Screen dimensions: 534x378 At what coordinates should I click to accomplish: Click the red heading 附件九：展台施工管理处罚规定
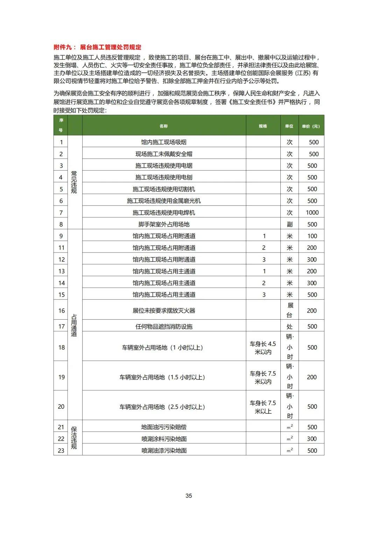tap(98, 47)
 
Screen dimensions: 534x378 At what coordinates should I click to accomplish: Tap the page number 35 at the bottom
tap(189, 496)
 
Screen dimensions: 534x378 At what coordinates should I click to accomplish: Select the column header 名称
tap(163, 126)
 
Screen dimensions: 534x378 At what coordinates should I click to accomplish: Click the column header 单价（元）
tap(311, 126)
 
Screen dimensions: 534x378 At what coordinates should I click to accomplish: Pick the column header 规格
tap(263, 126)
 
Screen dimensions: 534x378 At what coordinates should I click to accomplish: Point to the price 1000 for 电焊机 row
tap(312, 213)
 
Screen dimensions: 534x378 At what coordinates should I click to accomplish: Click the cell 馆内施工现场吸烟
tap(163, 142)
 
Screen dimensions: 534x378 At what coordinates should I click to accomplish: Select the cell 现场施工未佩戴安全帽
tap(163, 154)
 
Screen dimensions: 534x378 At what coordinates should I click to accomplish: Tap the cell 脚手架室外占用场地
tap(163, 224)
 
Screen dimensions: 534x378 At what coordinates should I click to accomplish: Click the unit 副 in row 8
tap(289, 224)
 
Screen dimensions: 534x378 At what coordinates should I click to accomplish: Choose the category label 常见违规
tap(74, 182)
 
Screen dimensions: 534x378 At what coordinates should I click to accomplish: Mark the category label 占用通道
tap(74, 325)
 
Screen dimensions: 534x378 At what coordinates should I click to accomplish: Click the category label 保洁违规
tap(74, 438)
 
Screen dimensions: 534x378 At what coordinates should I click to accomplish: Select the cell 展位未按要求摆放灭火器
tap(163, 311)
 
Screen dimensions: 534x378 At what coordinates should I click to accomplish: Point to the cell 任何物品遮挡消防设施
tap(163, 327)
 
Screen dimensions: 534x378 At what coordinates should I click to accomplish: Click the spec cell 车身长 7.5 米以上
tap(263, 407)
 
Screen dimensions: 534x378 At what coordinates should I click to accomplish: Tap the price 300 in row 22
tap(311, 439)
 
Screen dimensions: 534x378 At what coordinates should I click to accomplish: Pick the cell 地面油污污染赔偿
tap(163, 427)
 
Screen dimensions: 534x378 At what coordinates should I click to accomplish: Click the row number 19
tap(61, 377)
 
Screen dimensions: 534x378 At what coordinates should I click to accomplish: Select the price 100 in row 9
tap(312, 236)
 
